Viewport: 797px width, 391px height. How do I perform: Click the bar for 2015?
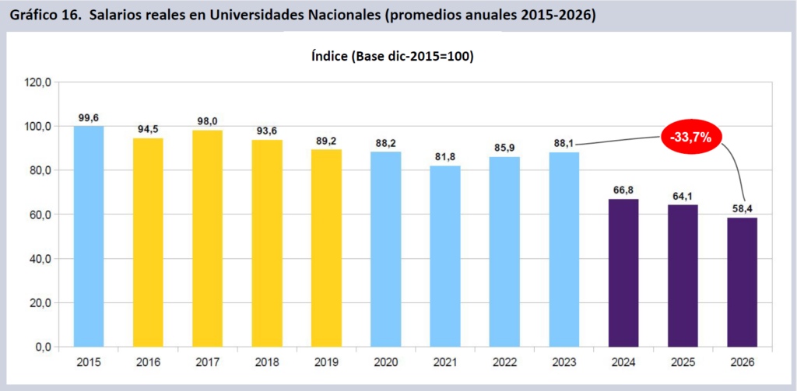click(x=89, y=236)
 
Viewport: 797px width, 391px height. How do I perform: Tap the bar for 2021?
click(x=445, y=256)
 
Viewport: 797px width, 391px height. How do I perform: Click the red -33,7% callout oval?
click(x=692, y=138)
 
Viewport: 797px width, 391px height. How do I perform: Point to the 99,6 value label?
click(x=89, y=117)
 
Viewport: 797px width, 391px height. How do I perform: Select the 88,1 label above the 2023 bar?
click(x=564, y=143)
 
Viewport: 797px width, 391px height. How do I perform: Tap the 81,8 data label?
click(x=445, y=157)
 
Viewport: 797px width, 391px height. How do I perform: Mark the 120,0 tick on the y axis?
click(x=38, y=82)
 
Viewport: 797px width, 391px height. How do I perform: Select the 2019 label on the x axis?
click(x=326, y=361)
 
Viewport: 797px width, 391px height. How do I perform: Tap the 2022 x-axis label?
click(x=504, y=361)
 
